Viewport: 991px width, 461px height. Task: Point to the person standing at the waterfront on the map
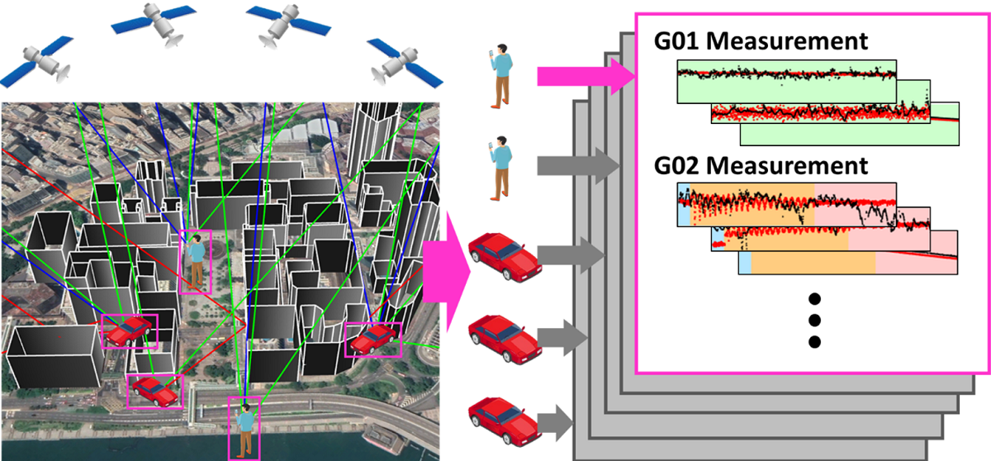pyautogui.click(x=244, y=427)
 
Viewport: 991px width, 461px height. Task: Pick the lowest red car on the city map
pyautogui.click(x=155, y=390)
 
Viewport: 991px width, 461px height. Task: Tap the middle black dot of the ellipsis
pyautogui.click(x=815, y=320)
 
